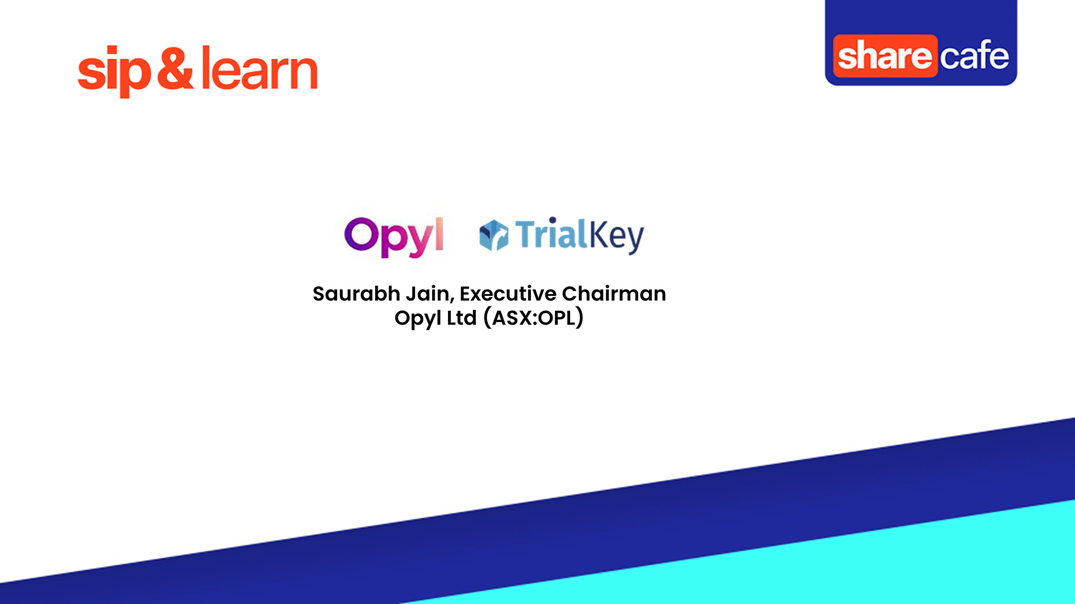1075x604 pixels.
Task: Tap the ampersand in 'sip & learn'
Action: point(175,68)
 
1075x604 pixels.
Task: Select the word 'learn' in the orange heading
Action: point(259,69)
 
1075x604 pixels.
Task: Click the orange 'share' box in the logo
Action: point(885,56)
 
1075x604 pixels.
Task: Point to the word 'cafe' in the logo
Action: point(974,56)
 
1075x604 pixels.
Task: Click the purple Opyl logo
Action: point(394,237)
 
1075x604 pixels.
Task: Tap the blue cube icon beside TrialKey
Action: point(494,235)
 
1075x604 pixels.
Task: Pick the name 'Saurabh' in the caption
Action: point(356,294)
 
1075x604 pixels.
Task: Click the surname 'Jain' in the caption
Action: point(428,294)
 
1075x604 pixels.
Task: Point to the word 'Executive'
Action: point(508,294)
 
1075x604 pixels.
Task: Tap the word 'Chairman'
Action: point(614,294)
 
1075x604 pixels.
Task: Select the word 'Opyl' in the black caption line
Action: point(418,318)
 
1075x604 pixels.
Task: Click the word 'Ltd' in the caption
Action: point(461,318)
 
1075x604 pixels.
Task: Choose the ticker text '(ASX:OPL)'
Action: point(534,318)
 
